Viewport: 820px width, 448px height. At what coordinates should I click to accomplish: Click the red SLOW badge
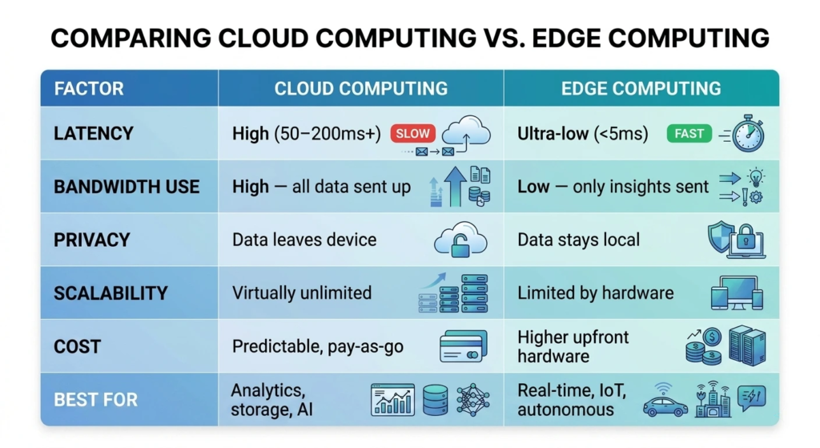pos(412,133)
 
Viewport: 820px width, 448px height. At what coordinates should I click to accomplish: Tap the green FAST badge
pos(689,134)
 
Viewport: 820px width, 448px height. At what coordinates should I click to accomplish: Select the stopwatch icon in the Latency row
pos(747,133)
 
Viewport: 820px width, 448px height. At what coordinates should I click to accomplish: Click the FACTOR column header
pos(89,88)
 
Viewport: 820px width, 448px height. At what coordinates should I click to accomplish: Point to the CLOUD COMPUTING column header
pos(361,88)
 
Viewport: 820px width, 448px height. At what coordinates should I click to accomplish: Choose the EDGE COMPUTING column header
pos(641,88)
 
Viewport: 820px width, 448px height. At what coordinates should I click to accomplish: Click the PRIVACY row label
pos(91,240)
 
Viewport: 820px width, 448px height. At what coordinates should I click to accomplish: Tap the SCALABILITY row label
pos(110,293)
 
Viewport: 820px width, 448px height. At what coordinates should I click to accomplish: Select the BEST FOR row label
pos(95,399)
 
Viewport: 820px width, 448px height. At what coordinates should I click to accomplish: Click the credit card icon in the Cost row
pos(463,347)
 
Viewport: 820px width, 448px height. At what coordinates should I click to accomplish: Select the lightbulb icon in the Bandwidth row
pos(754,177)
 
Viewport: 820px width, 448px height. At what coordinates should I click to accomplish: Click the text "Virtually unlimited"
pos(302,293)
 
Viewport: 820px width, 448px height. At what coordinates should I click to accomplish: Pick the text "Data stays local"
pos(578,240)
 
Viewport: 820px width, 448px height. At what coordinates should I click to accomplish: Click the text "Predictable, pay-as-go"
pos(318,347)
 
